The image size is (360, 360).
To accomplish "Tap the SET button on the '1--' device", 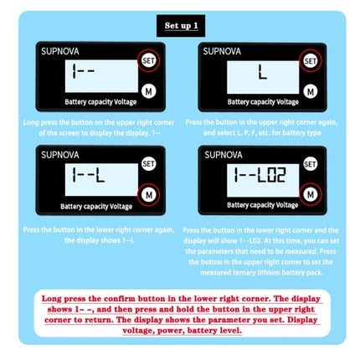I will click(147, 61).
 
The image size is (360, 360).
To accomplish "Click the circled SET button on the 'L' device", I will click(311, 60).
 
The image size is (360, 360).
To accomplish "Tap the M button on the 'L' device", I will click(311, 90).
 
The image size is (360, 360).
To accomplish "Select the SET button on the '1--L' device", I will click(147, 164).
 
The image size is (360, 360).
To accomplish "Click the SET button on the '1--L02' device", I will click(311, 164).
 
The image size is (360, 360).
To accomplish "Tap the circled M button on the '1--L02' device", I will click(311, 194).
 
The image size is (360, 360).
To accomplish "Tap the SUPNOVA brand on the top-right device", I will click(223, 51).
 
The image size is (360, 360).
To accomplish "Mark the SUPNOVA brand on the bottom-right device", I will click(223, 155).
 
